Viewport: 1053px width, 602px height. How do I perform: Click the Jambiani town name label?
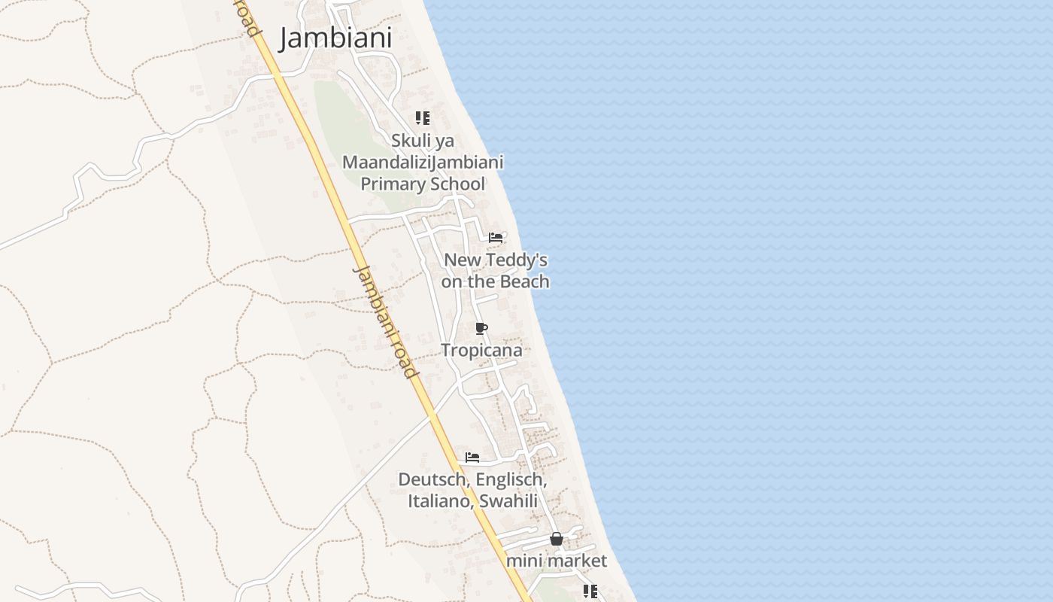tap(335, 38)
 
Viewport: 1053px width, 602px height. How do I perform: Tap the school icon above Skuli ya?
tap(423, 118)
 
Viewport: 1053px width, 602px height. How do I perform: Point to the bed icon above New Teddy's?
tap(496, 237)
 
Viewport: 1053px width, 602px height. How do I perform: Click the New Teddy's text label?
tap(495, 260)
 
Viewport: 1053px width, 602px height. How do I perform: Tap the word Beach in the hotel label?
tap(524, 281)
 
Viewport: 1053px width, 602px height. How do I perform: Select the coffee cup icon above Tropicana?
tap(481, 328)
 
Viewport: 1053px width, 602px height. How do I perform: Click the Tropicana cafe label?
tap(481, 350)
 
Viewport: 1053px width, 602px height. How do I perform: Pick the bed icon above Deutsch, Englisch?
tap(472, 457)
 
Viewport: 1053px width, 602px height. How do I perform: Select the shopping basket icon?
tap(556, 539)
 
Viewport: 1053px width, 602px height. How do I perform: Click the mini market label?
tap(556, 561)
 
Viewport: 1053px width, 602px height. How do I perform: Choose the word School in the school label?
tap(457, 184)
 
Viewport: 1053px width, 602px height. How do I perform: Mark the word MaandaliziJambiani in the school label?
tap(423, 163)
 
